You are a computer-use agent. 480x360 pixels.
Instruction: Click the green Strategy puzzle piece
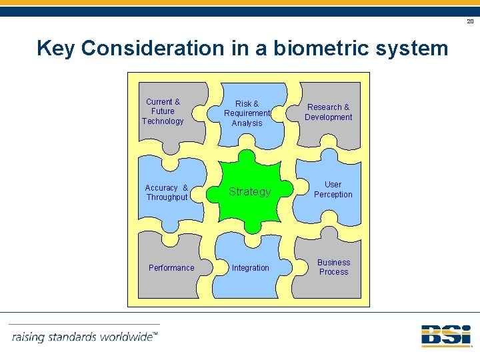click(x=250, y=192)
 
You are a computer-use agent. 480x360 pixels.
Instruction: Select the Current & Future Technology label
click(x=163, y=111)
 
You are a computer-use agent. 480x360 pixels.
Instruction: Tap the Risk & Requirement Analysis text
click(x=247, y=113)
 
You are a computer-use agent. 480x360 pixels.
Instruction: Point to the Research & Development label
click(x=328, y=112)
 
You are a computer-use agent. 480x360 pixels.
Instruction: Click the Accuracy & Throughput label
click(x=167, y=193)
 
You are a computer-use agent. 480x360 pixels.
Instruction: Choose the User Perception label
click(x=333, y=189)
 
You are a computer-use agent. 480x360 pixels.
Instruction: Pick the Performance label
click(x=171, y=268)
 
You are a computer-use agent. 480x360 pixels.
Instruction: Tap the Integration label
click(x=251, y=268)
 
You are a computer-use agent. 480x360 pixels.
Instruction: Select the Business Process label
click(x=333, y=267)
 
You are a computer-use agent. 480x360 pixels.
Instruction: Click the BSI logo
click(x=445, y=335)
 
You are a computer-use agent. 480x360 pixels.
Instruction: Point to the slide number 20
click(x=470, y=22)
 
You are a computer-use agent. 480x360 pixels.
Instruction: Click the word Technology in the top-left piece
click(x=163, y=121)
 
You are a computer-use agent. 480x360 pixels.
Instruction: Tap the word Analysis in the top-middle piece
click(x=247, y=123)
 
